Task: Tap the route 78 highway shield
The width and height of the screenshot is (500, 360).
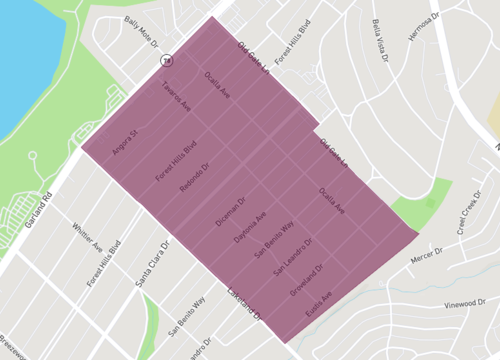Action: [x=169, y=60]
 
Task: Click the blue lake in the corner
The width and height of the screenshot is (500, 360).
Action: [x=25, y=60]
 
